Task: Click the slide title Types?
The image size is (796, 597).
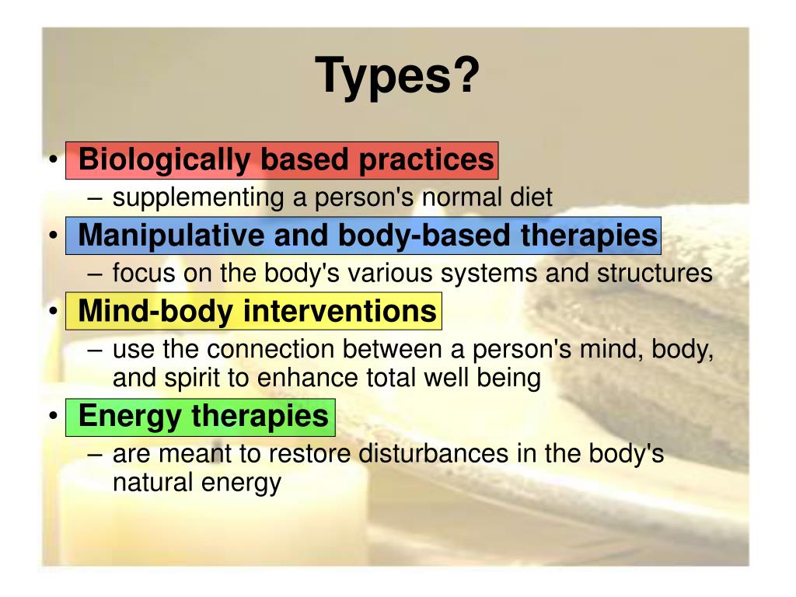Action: tap(397, 75)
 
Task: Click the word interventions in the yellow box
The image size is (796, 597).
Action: tap(340, 312)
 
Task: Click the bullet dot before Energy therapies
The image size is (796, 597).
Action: tap(52, 416)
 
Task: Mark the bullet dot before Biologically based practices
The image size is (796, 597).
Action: tap(52, 160)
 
